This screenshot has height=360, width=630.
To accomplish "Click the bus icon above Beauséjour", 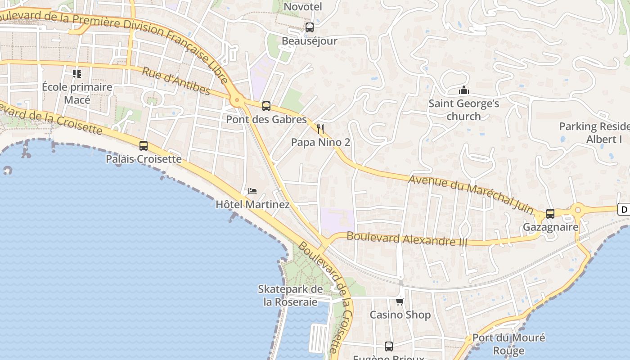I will pyautogui.click(x=310, y=27).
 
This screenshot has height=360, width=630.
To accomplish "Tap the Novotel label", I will pyautogui.click(x=303, y=7).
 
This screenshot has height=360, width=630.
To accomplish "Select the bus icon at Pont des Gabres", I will pyautogui.click(x=266, y=106).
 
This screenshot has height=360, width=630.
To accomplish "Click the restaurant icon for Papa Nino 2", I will pyautogui.click(x=320, y=130).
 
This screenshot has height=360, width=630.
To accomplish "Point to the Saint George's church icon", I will pyautogui.click(x=464, y=90).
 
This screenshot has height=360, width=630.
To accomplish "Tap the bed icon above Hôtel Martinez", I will pyautogui.click(x=252, y=191).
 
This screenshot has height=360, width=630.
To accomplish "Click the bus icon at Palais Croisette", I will pyautogui.click(x=144, y=146).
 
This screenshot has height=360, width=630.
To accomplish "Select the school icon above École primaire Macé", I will pyautogui.click(x=77, y=73).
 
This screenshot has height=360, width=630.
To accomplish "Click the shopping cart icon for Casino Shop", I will pyautogui.click(x=400, y=301).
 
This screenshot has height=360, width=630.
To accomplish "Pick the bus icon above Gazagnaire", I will pyautogui.click(x=550, y=214).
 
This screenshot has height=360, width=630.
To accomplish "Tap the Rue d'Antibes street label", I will pyautogui.click(x=176, y=81).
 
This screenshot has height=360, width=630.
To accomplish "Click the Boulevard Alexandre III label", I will pyautogui.click(x=407, y=238).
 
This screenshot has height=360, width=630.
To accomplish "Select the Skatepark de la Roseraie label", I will pyautogui.click(x=291, y=295).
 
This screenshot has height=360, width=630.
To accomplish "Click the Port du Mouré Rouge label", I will pyautogui.click(x=508, y=344).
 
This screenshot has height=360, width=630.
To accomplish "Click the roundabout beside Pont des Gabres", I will pyautogui.click(x=236, y=100).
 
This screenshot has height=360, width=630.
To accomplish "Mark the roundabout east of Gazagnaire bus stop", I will pyautogui.click(x=578, y=209).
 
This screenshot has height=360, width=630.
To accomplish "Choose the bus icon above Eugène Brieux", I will pyautogui.click(x=389, y=346).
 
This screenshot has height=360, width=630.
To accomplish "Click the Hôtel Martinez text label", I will pyautogui.click(x=252, y=204).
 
